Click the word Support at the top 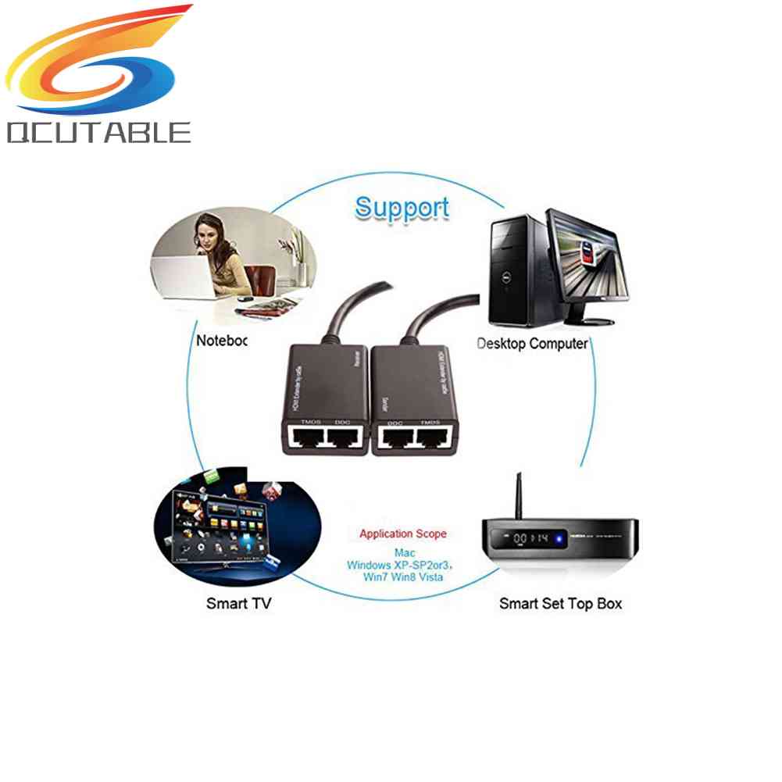[402, 208]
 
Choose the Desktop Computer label [532, 343]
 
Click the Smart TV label [238, 603]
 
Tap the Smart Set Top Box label [560, 603]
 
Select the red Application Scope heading [403, 534]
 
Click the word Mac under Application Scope [405, 552]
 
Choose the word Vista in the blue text [429, 577]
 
